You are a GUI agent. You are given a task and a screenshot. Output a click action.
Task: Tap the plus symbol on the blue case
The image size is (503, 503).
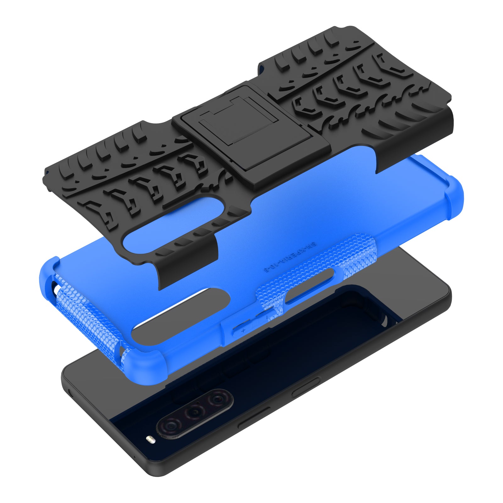point(243,330)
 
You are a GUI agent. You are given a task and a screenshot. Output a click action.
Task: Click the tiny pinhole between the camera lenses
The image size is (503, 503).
point(198,402)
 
